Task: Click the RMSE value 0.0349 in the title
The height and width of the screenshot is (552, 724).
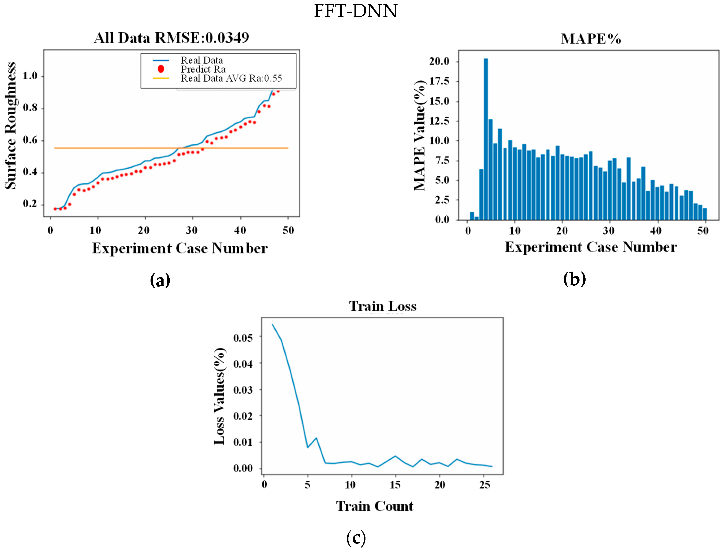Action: click(x=227, y=38)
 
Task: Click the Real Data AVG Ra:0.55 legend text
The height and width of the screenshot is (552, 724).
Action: click(x=231, y=78)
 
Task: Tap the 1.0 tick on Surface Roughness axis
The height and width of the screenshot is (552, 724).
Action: click(x=30, y=76)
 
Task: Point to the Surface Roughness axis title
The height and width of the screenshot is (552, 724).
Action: click(x=11, y=126)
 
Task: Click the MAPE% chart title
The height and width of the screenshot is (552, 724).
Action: click(x=591, y=39)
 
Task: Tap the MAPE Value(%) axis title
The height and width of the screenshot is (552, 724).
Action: click(x=420, y=135)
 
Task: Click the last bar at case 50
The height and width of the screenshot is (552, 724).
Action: click(x=705, y=214)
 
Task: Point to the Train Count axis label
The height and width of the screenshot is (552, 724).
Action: click(x=374, y=506)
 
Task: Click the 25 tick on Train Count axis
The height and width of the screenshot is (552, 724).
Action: click(x=485, y=485)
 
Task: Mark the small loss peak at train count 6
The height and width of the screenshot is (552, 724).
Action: click(x=316, y=438)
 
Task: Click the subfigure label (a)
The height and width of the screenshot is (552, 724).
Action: click(x=160, y=280)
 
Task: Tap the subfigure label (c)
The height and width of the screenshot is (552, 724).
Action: click(x=356, y=538)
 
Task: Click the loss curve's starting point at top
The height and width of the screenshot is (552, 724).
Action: click(x=273, y=325)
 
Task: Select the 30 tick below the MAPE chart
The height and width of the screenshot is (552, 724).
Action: click(x=609, y=231)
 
